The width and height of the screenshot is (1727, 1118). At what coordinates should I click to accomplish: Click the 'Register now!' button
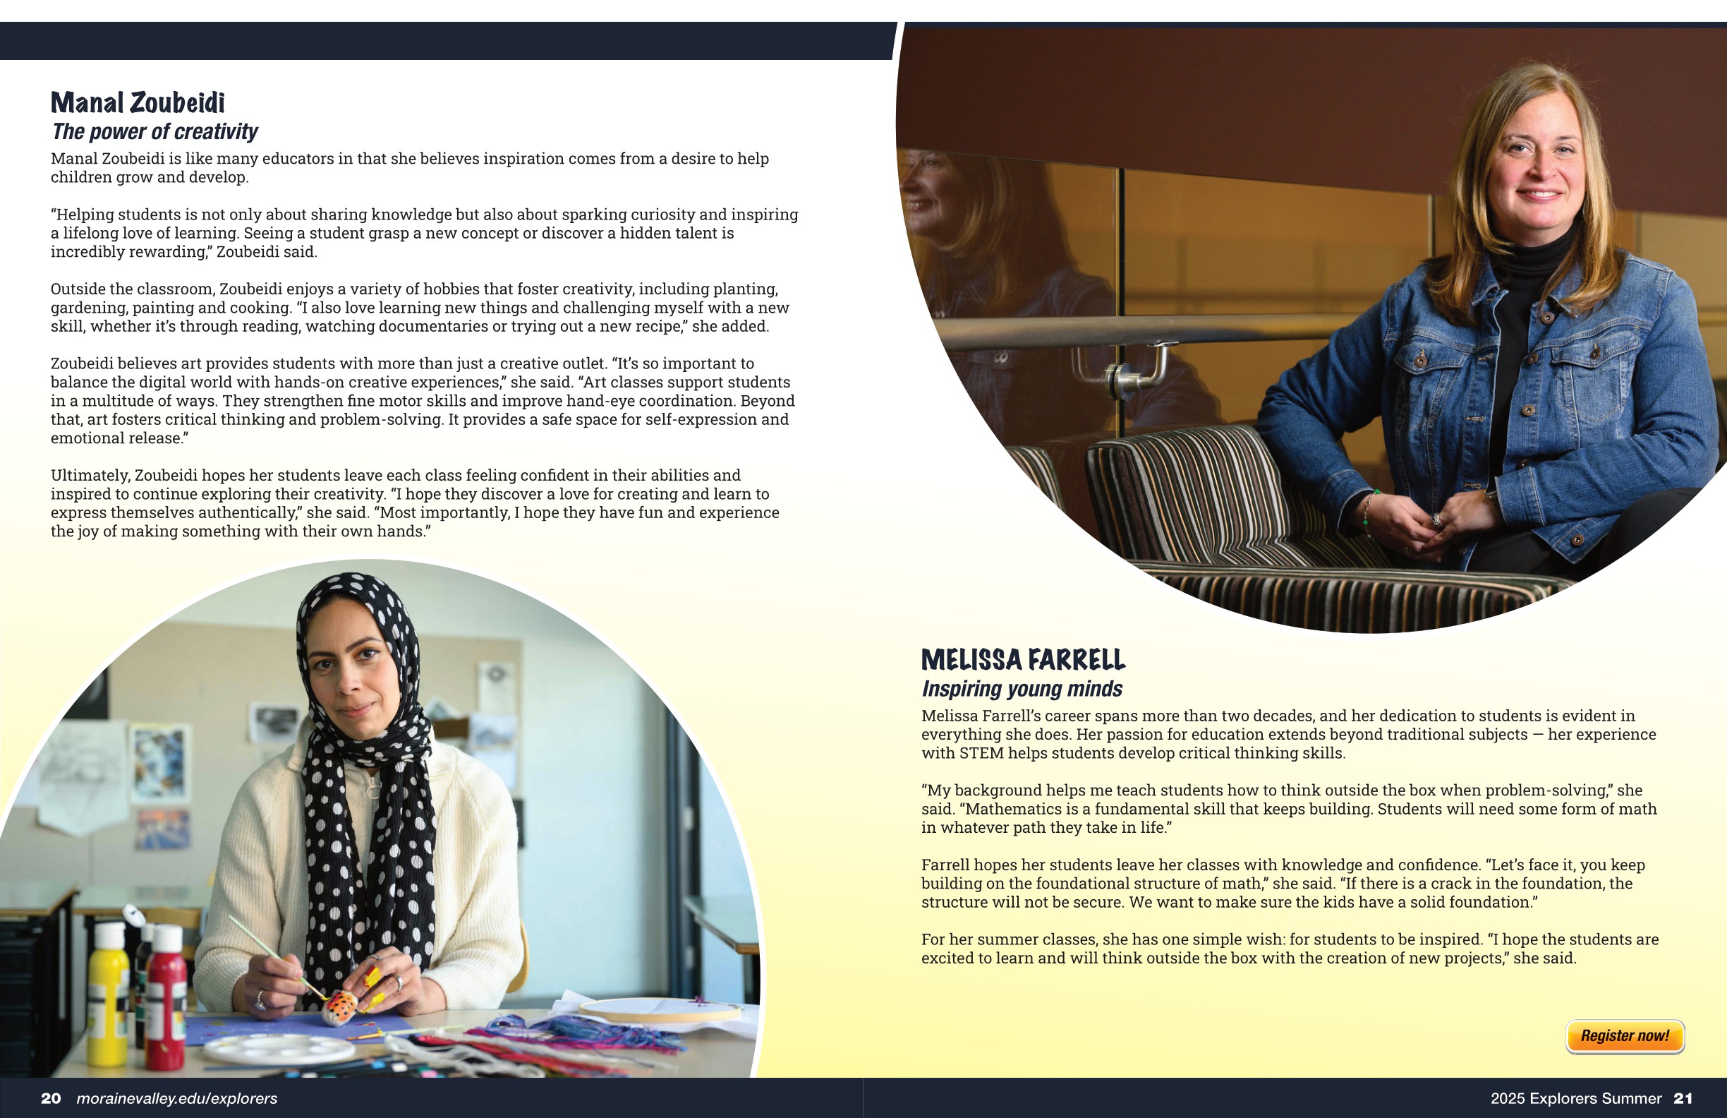tap(1624, 1036)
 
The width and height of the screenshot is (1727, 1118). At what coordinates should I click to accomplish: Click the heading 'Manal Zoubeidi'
tap(138, 103)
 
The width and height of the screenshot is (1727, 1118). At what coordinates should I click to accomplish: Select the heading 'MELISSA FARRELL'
tap(1023, 660)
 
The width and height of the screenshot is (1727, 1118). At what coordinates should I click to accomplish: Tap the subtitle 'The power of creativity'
tap(154, 131)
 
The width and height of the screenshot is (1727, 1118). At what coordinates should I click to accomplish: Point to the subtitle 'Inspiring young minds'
tap(1022, 688)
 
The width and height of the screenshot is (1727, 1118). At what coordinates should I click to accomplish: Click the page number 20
tap(51, 1098)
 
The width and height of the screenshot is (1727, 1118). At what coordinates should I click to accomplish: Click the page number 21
tap(1683, 1098)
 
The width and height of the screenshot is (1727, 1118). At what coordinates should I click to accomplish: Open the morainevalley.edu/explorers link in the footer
tap(177, 1098)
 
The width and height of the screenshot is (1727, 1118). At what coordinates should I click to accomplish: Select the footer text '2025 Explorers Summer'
tap(1576, 1098)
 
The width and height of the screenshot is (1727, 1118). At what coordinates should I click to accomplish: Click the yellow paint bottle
tap(109, 994)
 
